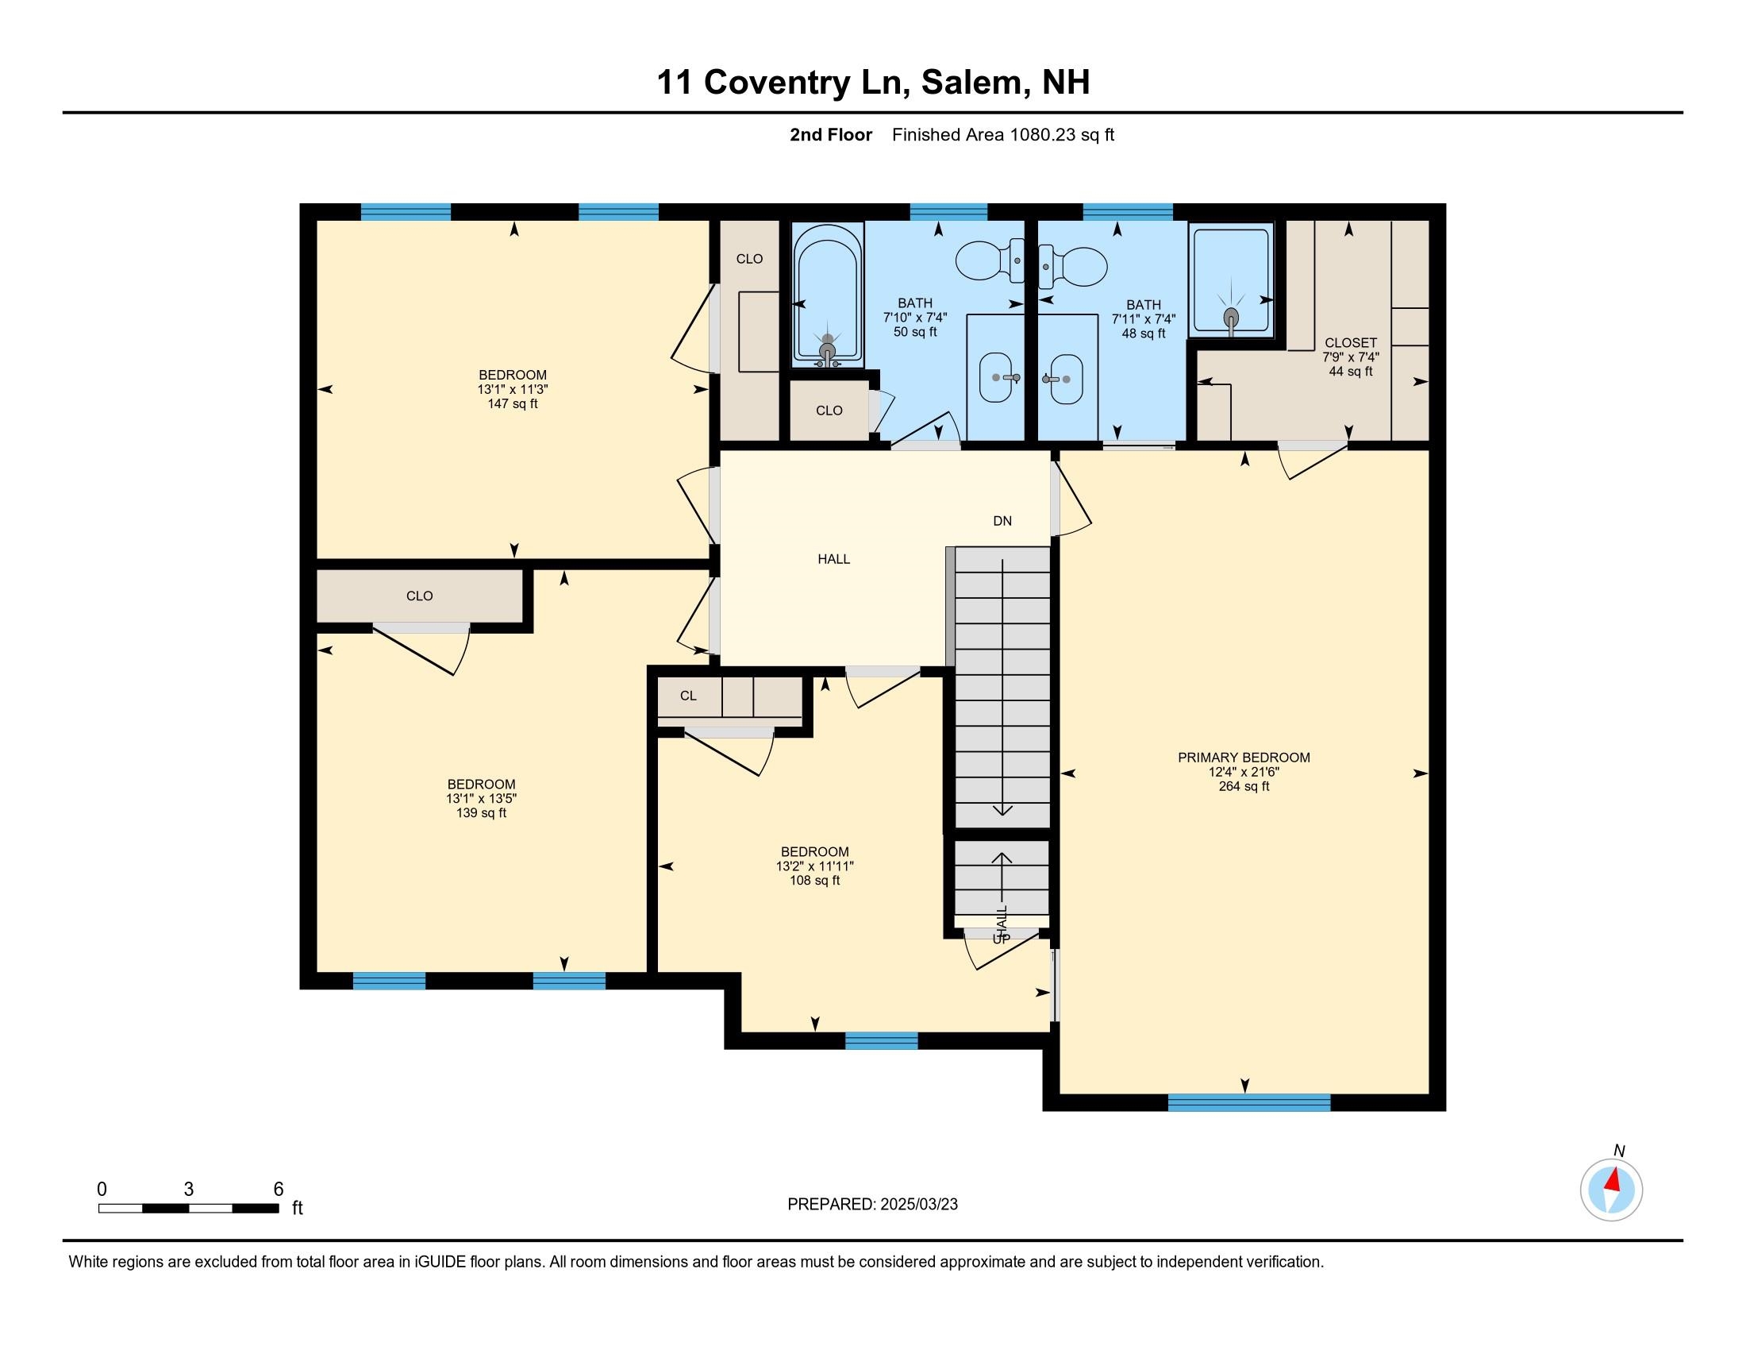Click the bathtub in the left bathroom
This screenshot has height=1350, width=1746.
[827, 296]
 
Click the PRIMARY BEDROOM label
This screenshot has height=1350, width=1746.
[1243, 758]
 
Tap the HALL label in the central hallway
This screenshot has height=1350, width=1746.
[833, 559]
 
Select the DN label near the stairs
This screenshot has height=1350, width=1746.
[1002, 521]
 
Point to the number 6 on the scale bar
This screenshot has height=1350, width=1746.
[279, 1189]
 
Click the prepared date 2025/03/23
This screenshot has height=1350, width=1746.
[917, 1205]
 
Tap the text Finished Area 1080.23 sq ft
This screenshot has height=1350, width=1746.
[1002, 134]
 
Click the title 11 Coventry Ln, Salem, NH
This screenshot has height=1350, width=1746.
[872, 83]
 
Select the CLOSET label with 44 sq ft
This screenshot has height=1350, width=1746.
[1350, 343]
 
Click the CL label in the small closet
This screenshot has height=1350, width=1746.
[688, 696]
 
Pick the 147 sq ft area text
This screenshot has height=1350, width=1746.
[513, 404]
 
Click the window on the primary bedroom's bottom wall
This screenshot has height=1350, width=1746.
[1248, 1103]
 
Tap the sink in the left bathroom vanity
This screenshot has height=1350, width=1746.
[996, 377]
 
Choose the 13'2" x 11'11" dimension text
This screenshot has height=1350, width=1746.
[814, 866]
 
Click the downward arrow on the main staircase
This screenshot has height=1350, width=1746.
[1002, 809]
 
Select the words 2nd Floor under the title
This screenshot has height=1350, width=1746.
[831, 134]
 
